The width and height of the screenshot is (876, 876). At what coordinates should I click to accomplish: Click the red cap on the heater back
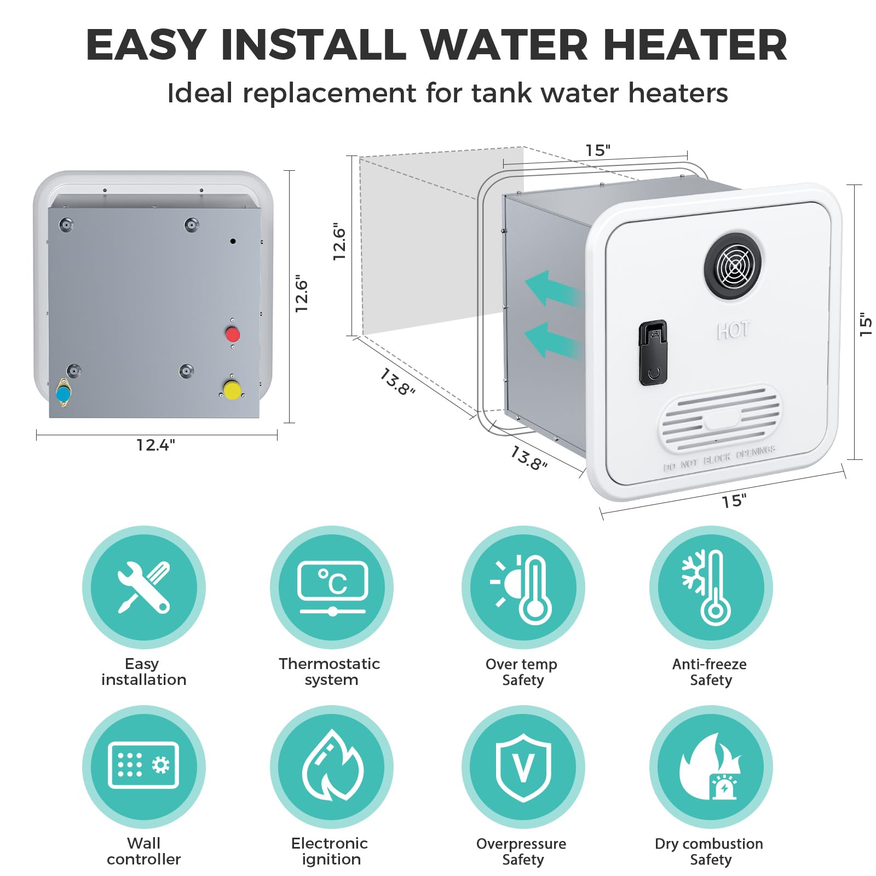pos(233,334)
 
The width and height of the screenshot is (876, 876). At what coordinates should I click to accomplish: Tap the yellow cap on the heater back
pos(232,390)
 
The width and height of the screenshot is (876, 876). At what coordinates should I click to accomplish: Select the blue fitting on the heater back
pos(63,393)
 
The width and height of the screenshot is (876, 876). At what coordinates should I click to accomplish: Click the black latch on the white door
pos(653,353)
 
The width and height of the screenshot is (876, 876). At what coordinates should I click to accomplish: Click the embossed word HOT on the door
pos(733,330)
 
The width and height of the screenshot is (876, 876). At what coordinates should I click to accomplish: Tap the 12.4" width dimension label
pos(155,445)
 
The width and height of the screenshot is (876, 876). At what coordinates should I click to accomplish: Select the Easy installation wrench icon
pos(144,587)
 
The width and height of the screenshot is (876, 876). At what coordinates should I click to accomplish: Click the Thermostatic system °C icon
pos(332,587)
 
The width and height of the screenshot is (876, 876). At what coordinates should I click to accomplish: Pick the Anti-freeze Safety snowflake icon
pos(711,587)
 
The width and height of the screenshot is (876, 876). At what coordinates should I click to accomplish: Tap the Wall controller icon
pos(143,765)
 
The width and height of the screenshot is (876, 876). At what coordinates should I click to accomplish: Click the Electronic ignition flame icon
pos(332,765)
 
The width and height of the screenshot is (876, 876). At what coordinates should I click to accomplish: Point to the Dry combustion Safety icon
pos(711,766)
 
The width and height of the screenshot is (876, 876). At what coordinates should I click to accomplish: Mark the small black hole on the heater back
pos(233,241)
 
